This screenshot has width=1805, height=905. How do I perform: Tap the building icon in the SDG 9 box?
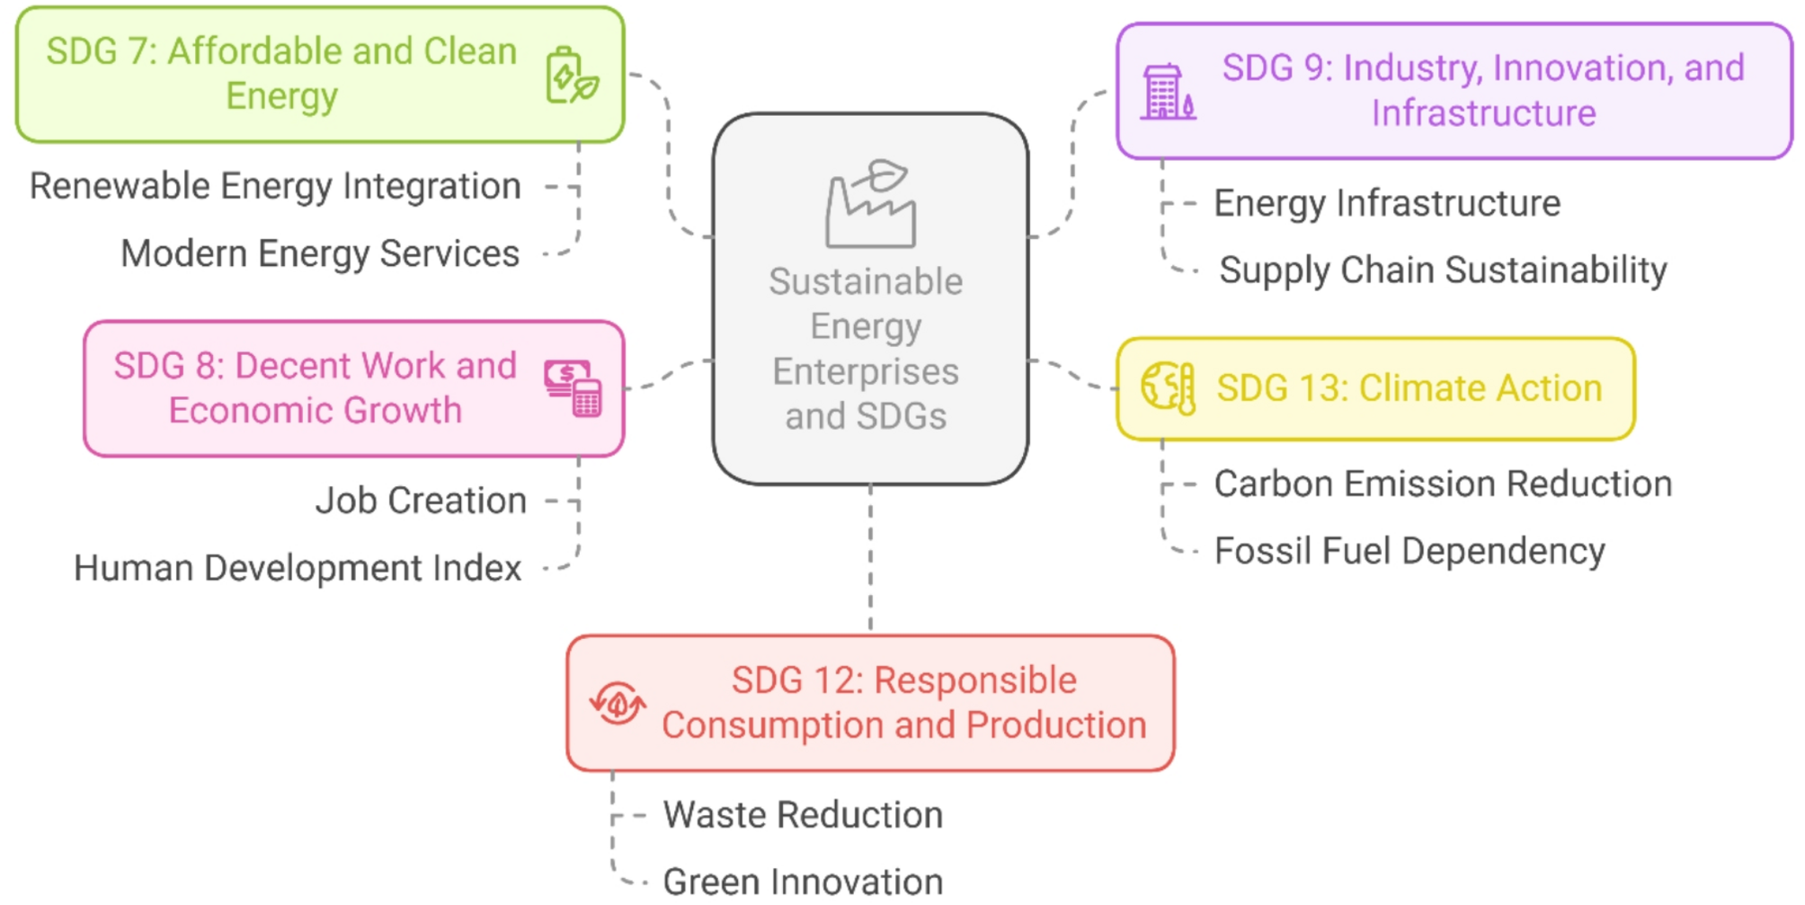coord(1168,93)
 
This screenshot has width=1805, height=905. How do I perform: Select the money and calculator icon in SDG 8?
coord(573,388)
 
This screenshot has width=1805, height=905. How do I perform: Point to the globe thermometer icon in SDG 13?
coord(1168,388)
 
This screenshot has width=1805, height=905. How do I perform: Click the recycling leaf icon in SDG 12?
coord(618,703)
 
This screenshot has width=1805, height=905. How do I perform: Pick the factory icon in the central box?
coord(870,204)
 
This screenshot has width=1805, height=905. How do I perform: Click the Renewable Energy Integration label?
coord(275,187)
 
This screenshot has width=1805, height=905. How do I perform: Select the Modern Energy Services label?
coord(320,254)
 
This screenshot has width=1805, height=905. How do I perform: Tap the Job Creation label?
coord(421,501)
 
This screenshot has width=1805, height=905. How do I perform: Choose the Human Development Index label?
coord(298,568)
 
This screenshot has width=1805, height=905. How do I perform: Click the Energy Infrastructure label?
coord(1387,204)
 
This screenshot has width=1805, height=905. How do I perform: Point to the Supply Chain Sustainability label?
coord(1443,271)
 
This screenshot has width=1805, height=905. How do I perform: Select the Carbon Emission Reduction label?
coord(1443,484)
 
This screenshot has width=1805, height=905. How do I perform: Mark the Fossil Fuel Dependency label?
coord(1409,551)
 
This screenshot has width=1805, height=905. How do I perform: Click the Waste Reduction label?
coord(803,815)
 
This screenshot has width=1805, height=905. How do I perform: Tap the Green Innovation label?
coord(803,882)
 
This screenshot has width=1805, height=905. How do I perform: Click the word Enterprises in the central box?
coord(866,371)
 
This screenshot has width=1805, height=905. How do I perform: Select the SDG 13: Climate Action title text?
coord(1409,388)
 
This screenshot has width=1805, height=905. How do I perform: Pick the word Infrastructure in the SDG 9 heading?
coord(1483,114)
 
